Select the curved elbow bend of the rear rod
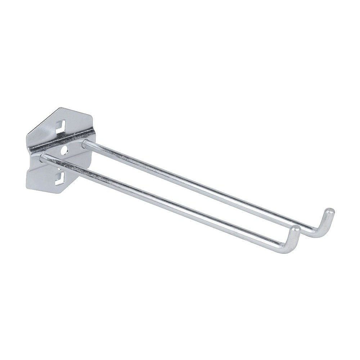(x=320, y=233)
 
